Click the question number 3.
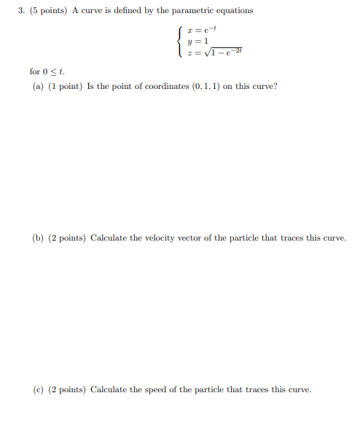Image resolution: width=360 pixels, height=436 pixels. pos(23,11)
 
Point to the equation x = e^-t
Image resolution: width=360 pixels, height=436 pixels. pos(198,29)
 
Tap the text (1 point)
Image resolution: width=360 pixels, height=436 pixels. pos(66,86)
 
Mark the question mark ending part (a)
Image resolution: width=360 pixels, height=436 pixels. pos(275,86)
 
